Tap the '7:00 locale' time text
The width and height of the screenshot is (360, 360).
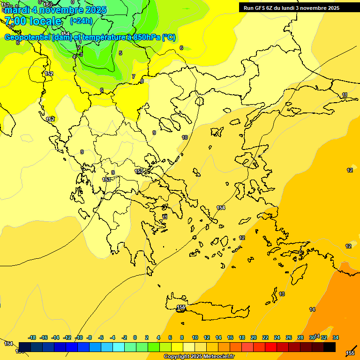(x=33, y=21)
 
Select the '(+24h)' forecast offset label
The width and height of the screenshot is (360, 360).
(x=81, y=21)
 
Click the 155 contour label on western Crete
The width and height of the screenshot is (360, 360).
(x=181, y=307)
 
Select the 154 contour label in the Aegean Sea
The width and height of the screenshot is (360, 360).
(x=221, y=208)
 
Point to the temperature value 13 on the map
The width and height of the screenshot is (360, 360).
(x=282, y=294)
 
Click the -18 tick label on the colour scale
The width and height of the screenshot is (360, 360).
(x=32, y=337)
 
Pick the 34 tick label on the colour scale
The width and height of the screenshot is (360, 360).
(x=336, y=337)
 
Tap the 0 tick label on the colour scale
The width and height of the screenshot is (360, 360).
(x=135, y=337)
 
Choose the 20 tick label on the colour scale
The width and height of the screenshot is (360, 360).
(x=254, y=337)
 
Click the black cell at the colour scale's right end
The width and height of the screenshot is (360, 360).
(x=330, y=347)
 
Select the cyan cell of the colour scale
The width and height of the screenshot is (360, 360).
(x=119, y=347)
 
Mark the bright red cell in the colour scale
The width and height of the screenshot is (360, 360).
(x=271, y=347)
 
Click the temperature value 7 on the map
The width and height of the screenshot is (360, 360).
(x=134, y=76)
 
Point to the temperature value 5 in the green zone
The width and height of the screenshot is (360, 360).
(x=120, y=53)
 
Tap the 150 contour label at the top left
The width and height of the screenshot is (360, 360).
(x=47, y=5)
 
